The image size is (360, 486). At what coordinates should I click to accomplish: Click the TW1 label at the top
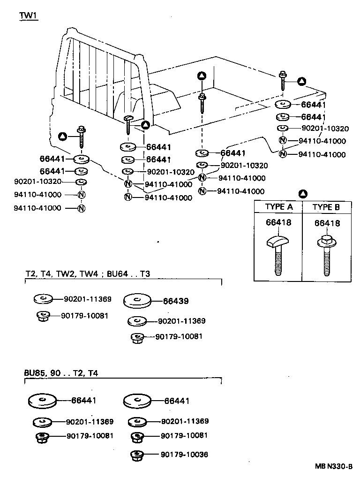(28, 15)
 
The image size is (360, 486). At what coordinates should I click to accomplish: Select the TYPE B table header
(326, 207)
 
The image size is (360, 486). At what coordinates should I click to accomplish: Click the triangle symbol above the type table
(303, 193)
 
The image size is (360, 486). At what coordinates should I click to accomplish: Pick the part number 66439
(176, 301)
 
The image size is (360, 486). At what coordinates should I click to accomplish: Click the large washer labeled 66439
(138, 301)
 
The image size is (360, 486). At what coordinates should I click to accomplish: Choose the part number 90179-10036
(184, 455)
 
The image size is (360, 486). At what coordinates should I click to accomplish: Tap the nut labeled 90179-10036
(137, 455)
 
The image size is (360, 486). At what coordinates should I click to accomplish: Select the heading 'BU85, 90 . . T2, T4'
(61, 373)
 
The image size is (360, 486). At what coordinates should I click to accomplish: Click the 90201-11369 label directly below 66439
(181, 321)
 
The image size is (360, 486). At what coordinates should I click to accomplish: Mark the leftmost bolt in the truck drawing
(82, 137)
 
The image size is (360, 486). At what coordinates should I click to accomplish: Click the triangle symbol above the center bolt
(202, 76)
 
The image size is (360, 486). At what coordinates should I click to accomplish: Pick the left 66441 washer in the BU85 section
(42, 401)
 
